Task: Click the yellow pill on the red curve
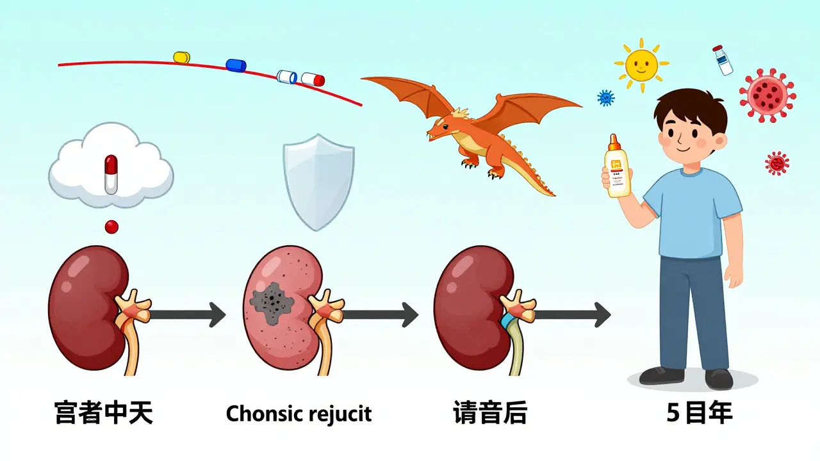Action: tap(182, 58)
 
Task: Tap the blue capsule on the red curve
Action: tap(236, 65)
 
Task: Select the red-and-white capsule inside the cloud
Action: tap(111, 174)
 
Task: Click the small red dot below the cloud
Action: tap(112, 226)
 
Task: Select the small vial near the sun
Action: tap(723, 60)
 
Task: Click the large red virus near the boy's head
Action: tap(767, 95)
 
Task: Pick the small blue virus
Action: tap(605, 98)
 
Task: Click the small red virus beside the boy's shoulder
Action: tap(776, 163)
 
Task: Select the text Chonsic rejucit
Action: tap(299, 414)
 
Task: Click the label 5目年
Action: tap(699, 414)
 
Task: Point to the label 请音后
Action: tap(489, 414)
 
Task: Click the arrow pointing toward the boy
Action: tap(571, 314)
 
